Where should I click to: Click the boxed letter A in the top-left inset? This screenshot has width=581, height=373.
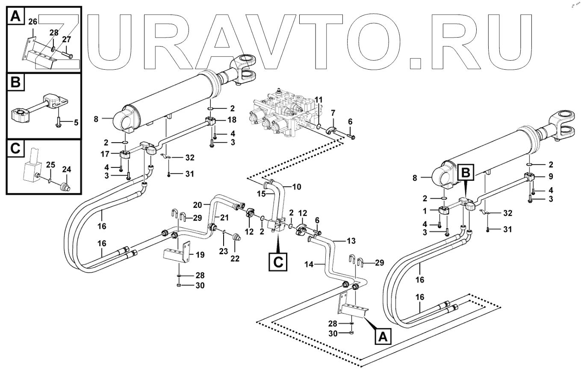(15, 17)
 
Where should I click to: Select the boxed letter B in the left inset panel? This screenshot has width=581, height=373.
(15, 82)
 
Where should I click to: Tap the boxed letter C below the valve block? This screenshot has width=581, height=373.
(278, 262)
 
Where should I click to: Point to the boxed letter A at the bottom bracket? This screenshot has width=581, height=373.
(383, 337)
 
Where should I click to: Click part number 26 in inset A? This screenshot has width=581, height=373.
(32, 21)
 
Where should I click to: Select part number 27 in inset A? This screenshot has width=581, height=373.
(66, 39)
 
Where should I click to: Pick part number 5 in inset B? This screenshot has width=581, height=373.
(76, 123)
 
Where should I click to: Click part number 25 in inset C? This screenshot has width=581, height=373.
(50, 164)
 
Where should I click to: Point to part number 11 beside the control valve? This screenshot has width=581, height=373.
(318, 100)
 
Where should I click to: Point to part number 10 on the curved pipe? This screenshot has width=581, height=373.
(296, 186)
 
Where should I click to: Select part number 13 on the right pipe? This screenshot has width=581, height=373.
(351, 241)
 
